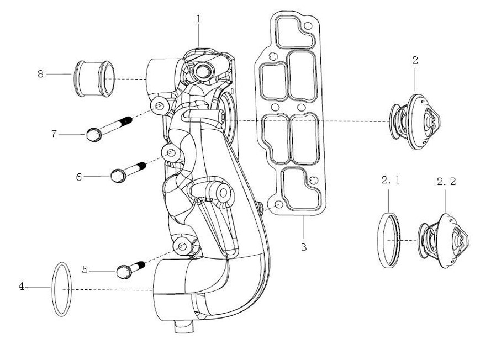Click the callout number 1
(198, 18)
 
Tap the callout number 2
(415, 61)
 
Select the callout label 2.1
(389, 180)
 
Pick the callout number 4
(22, 287)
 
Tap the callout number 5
(85, 269)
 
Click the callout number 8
(41, 73)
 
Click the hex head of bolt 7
(92, 133)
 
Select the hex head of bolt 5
(123, 271)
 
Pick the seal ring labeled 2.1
(389, 241)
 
